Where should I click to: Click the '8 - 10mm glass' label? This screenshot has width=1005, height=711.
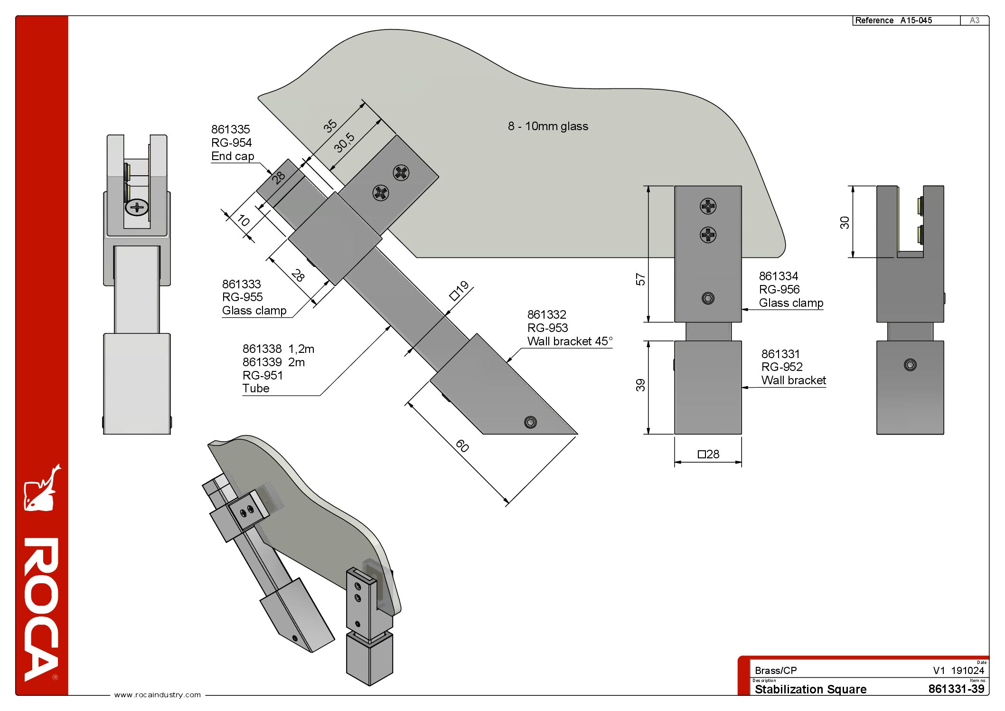(548, 126)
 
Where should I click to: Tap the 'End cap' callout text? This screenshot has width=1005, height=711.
(233, 156)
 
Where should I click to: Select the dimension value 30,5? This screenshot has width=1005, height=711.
(344, 142)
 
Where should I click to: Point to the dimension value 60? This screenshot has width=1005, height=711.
(462, 446)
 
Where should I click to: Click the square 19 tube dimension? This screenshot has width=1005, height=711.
(459, 290)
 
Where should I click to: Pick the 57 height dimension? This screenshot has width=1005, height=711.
(640, 279)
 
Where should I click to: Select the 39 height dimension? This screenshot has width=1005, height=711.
(640, 385)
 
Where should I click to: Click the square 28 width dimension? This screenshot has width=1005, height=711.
(708, 455)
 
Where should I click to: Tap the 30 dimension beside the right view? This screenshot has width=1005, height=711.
(845, 222)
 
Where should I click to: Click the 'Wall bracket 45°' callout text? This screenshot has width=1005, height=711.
(570, 341)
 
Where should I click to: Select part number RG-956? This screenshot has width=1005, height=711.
(779, 290)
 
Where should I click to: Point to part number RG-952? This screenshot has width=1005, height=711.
(782, 367)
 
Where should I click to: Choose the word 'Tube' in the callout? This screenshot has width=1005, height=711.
(256, 389)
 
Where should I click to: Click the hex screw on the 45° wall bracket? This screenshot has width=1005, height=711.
(530, 422)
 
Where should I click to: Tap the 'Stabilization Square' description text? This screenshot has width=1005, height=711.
(810, 689)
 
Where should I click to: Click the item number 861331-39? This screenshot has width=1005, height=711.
(956, 689)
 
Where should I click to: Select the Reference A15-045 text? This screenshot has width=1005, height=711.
(893, 20)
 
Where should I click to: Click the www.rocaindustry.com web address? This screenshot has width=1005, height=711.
(158, 695)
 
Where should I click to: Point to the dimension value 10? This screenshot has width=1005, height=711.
(243, 220)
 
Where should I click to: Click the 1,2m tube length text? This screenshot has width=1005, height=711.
(301, 349)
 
